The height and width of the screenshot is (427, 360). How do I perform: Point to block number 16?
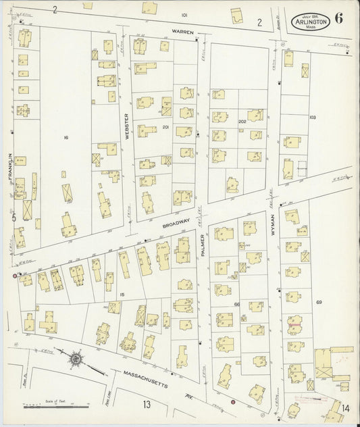pos(66,137)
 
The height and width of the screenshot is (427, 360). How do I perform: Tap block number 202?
pos(242,122)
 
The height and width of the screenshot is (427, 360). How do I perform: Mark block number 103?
pos(313,117)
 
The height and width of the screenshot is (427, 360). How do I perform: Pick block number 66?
pos(238,305)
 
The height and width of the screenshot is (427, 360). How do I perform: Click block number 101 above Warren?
pos(184,14)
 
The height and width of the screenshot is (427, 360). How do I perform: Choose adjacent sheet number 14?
pos(345,407)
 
